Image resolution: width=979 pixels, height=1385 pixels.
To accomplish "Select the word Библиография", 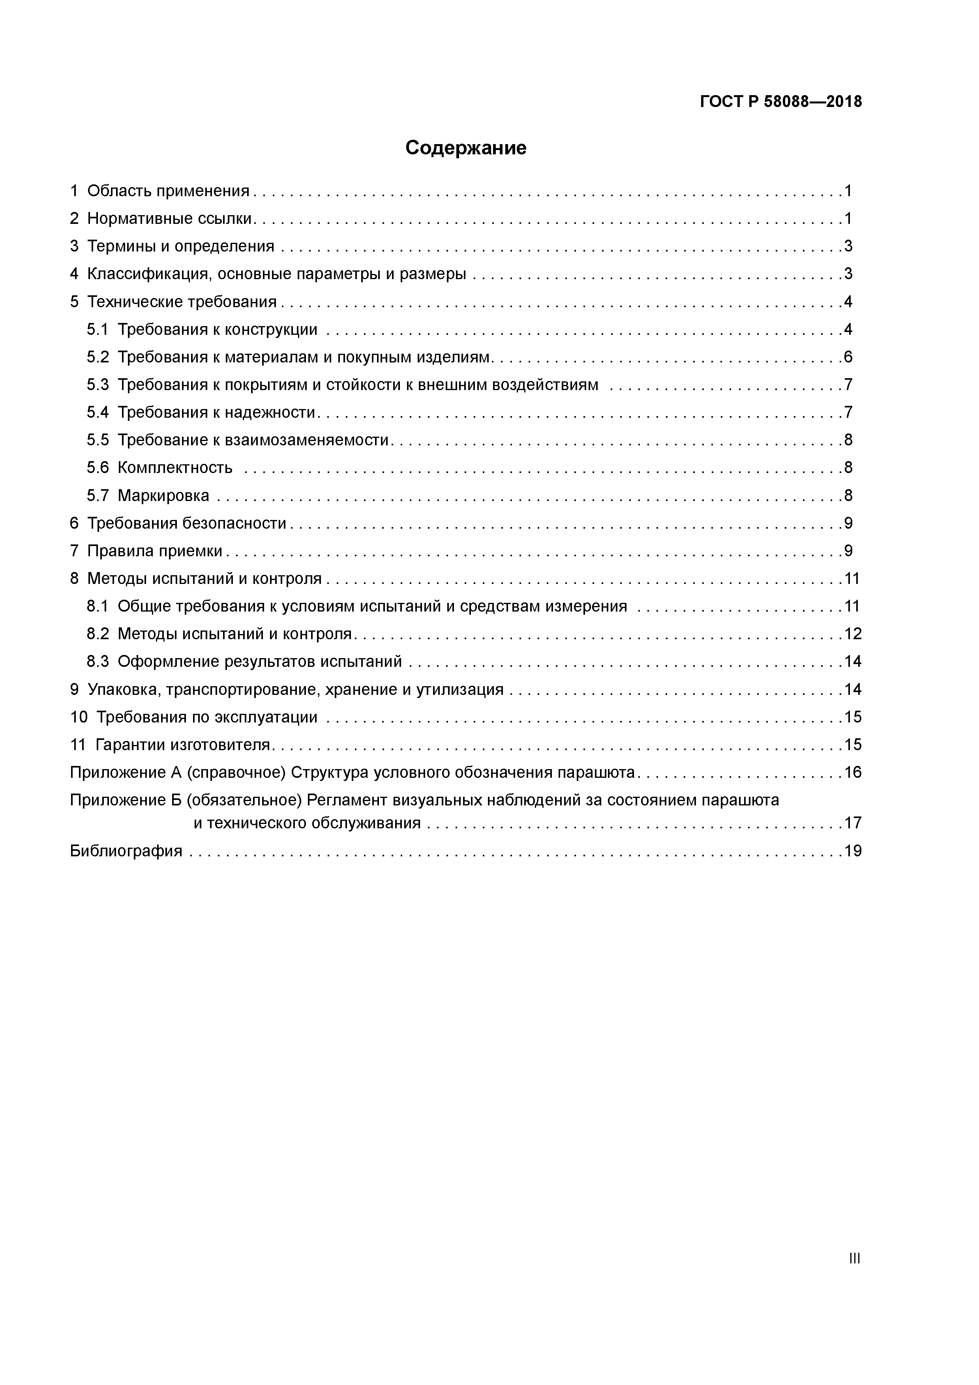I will (x=126, y=851).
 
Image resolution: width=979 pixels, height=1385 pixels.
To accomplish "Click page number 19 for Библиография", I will (x=852, y=851).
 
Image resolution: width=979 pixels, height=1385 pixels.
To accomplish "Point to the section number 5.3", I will (x=97, y=385).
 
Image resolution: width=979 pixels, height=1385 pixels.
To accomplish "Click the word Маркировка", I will (x=163, y=496).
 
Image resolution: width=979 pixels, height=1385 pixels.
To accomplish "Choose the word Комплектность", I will (x=175, y=468).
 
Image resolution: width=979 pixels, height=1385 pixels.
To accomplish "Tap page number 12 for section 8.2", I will (x=852, y=634).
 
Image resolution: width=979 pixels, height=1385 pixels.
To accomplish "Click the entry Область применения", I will (x=168, y=191).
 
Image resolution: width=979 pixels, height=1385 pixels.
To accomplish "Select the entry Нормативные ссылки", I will (x=169, y=218).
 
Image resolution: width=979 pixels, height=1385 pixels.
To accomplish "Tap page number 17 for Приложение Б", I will (x=852, y=824).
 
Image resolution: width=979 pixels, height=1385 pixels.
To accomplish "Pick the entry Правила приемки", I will (x=155, y=551).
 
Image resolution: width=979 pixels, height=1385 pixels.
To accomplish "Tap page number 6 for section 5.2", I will (x=848, y=357).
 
